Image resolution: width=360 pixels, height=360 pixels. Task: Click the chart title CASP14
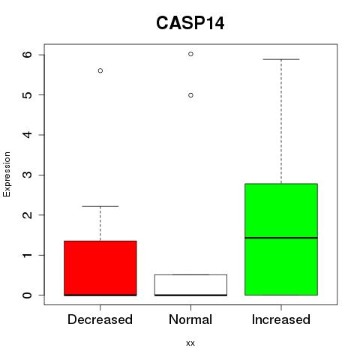190,23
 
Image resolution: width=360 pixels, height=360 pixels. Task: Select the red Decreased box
100,268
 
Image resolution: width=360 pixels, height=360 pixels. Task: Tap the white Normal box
190,285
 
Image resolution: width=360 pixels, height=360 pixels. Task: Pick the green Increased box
281,239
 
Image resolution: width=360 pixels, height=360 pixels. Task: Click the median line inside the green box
281,238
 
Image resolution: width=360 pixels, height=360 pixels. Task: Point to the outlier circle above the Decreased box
100,70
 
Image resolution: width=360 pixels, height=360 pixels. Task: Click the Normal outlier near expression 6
190,54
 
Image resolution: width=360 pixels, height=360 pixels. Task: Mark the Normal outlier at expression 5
190,95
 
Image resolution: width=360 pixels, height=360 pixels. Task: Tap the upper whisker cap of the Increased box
281,59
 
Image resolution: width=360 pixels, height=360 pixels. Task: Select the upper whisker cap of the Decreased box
100,206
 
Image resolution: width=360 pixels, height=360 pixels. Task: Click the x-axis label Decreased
100,319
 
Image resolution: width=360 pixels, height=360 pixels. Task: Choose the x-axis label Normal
190,319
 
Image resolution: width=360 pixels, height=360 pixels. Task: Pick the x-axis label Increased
281,319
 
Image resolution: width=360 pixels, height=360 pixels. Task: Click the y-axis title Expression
7,174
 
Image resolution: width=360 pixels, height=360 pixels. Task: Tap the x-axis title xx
190,343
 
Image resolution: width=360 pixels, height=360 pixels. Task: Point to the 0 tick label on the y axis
27,295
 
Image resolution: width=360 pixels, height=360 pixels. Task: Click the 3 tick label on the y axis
27,175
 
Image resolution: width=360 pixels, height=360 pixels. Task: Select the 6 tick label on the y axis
27,55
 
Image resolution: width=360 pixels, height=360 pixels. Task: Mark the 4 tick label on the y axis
27,135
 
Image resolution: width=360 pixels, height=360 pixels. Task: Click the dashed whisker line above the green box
281,121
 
